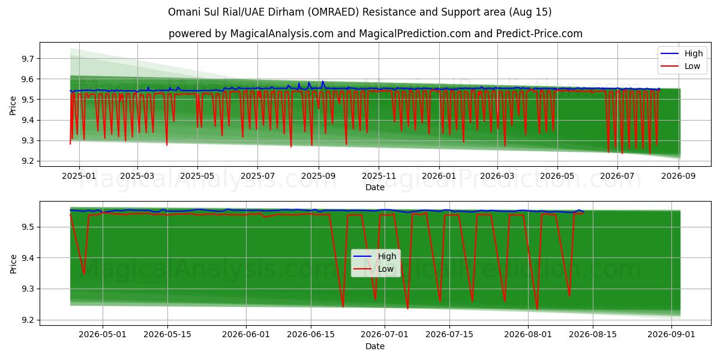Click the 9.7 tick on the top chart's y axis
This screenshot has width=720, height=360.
pos(28,59)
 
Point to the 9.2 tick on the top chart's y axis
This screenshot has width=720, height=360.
pos(28,161)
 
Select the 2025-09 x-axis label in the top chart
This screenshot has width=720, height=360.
pos(319,176)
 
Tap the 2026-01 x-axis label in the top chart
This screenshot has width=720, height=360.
pos(439,176)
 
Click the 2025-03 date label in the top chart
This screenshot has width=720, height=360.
pos(137,176)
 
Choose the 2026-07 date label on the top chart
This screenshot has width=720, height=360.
pos(617,176)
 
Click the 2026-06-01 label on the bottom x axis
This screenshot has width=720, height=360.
pos(246,335)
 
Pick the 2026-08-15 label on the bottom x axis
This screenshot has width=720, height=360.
pos(593,335)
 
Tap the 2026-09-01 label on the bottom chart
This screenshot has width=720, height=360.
pos(671,335)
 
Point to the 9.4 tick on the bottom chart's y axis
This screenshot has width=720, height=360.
pos(28,258)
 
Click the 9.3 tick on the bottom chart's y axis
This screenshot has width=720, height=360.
pos(28,289)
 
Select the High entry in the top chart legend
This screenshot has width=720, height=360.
pos(694,53)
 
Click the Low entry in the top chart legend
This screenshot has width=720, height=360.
pos(692,66)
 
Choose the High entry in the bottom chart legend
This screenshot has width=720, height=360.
pos(387,256)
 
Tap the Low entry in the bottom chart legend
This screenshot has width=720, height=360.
pos(386,269)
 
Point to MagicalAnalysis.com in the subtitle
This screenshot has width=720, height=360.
pos(282,34)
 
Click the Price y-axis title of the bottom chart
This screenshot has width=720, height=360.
pos(13,264)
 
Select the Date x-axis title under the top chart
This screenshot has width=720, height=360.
pos(375,187)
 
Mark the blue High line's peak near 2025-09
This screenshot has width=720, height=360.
pos(322,82)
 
